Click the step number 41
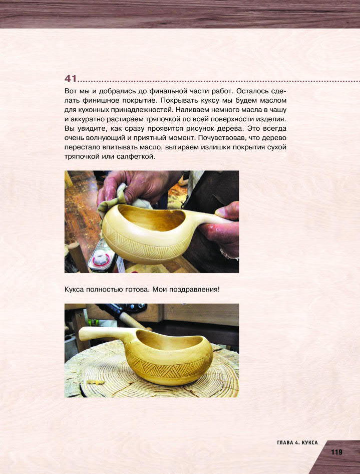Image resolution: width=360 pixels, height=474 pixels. click(x=71, y=79)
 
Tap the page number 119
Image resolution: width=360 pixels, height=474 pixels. click(x=336, y=452)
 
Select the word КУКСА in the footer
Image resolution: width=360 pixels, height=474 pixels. click(x=309, y=443)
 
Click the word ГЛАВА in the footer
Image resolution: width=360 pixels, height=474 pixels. click(x=285, y=443)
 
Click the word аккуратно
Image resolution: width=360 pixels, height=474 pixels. click(x=87, y=119)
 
